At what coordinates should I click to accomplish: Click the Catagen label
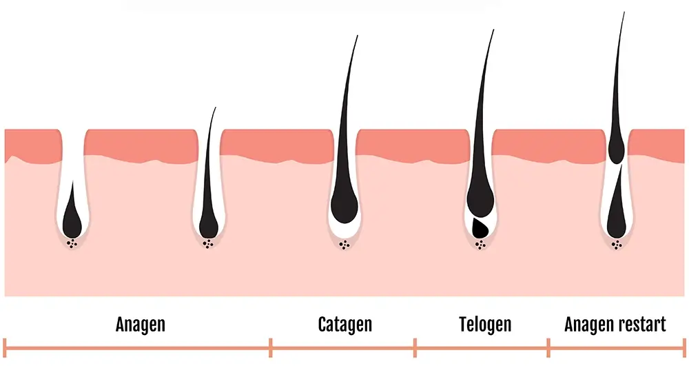coord(345,325)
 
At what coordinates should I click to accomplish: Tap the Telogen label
coord(485,325)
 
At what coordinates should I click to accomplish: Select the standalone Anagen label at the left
coord(140,325)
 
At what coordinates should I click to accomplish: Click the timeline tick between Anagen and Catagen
coord(271,348)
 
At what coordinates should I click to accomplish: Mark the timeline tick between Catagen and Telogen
coord(415,348)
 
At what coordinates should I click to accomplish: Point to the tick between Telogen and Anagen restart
coord(548,348)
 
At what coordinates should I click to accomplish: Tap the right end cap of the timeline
coord(683,348)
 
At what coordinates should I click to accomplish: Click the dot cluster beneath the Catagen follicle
coord(344,245)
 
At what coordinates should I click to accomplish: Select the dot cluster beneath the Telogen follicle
coord(480,245)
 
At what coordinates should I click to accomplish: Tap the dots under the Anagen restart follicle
coord(617,245)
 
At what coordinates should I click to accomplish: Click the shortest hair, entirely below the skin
coord(72,215)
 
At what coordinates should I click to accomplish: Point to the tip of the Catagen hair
coord(358,36)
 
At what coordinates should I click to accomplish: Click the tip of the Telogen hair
coord(493,30)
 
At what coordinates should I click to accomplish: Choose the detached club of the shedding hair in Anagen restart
coord(616,148)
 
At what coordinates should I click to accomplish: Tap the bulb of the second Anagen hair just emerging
coord(208,224)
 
